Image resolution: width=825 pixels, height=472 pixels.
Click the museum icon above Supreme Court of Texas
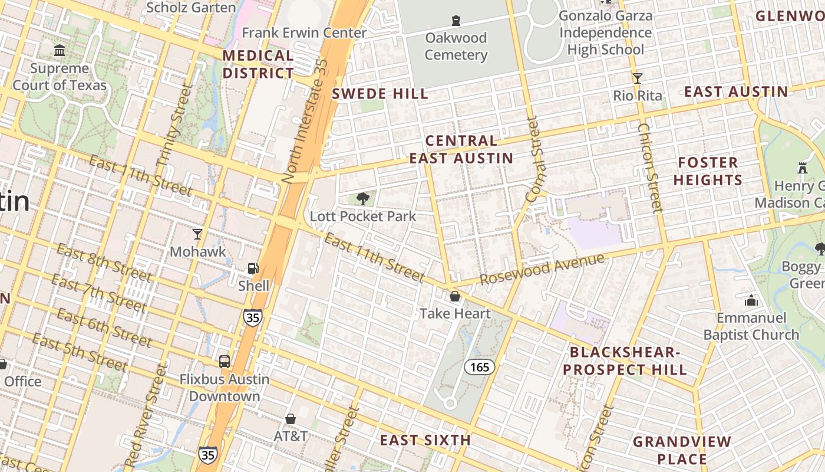pyautogui.click(x=60, y=51)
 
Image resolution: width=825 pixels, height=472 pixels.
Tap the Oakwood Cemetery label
pyautogui.click(x=456, y=47)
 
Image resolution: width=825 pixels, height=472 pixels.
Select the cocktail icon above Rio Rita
pyautogui.click(x=637, y=78)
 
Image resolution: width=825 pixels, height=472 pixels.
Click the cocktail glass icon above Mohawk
pyautogui.click(x=197, y=234)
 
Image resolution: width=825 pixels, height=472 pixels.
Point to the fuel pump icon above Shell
pyautogui.click(x=253, y=268)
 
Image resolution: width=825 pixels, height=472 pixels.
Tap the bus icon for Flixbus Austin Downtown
pyautogui.click(x=225, y=361)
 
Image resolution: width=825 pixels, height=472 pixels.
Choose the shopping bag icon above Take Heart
pyautogui.click(x=455, y=296)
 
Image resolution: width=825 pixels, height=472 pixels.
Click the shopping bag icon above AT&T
pyautogui.click(x=290, y=419)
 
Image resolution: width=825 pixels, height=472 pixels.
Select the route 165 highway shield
pyautogui.click(x=480, y=367)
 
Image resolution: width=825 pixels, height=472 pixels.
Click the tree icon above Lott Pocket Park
pyautogui.click(x=363, y=199)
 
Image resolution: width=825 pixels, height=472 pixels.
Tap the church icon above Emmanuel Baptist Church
pyautogui.click(x=751, y=300)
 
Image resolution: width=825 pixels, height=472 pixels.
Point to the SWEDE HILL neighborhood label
pyautogui.click(x=379, y=94)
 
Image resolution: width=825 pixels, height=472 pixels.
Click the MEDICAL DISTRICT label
pyautogui.click(x=258, y=64)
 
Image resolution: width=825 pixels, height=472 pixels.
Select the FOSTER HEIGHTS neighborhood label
pyautogui.click(x=708, y=171)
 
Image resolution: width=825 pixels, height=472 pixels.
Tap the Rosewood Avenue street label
pyautogui.click(x=542, y=269)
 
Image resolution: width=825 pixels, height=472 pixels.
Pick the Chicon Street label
pyautogui.click(x=650, y=168)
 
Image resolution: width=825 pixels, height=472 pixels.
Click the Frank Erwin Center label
pyautogui.click(x=304, y=32)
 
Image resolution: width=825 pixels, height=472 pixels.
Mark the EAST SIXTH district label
pyautogui.click(x=425, y=440)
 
